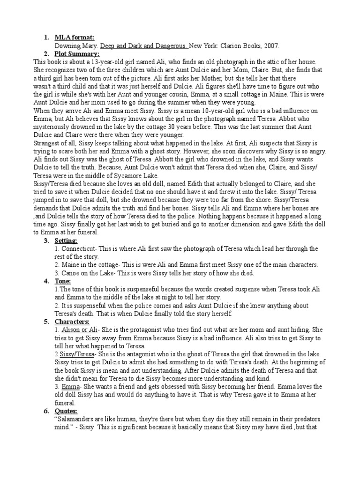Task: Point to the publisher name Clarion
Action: [x=225, y=45]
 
